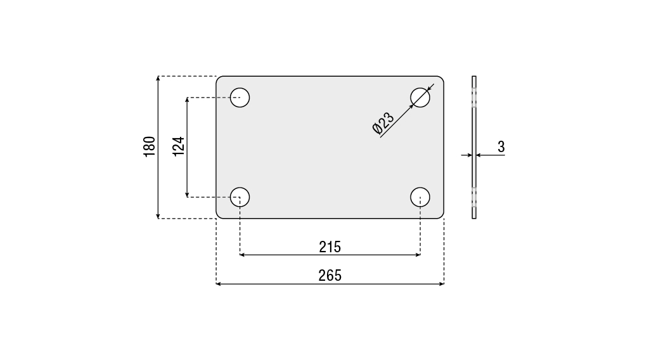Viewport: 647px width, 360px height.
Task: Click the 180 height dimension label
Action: [x=150, y=146]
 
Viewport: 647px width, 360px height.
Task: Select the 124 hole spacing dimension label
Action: [x=178, y=146]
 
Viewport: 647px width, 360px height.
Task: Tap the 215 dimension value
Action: [x=330, y=247]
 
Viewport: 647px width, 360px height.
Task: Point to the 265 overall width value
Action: [x=330, y=275]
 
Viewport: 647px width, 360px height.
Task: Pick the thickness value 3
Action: [x=501, y=146]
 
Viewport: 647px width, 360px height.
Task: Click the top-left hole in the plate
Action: [x=240, y=98]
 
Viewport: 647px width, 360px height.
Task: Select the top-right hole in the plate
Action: [x=420, y=98]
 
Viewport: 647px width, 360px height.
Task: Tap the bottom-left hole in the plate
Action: [x=240, y=197]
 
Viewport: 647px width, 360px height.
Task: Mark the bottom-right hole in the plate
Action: [x=420, y=197]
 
